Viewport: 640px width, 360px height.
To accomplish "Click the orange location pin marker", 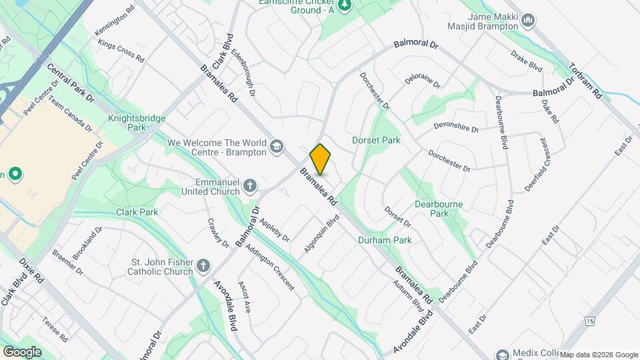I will coord(320,159).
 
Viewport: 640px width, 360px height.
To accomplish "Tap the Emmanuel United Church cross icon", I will coord(250,185).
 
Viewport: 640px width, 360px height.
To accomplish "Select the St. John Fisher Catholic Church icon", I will coord(204,267).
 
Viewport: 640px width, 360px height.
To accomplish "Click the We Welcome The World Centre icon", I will coord(277,146).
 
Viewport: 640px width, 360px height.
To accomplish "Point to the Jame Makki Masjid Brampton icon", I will coord(528,21).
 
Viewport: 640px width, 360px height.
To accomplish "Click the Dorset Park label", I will coord(376,141).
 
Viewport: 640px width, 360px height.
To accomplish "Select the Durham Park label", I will coord(385,240).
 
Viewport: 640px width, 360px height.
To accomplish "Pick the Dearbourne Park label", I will coord(439,209).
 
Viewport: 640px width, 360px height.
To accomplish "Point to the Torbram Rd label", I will coord(586,81).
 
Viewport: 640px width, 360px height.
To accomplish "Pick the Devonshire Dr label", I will coord(456,127).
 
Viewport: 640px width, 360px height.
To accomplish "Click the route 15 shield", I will coord(590,321).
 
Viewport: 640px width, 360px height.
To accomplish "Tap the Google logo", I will coord(22,351).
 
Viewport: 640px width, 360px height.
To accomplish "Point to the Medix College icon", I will coord(501,354).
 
